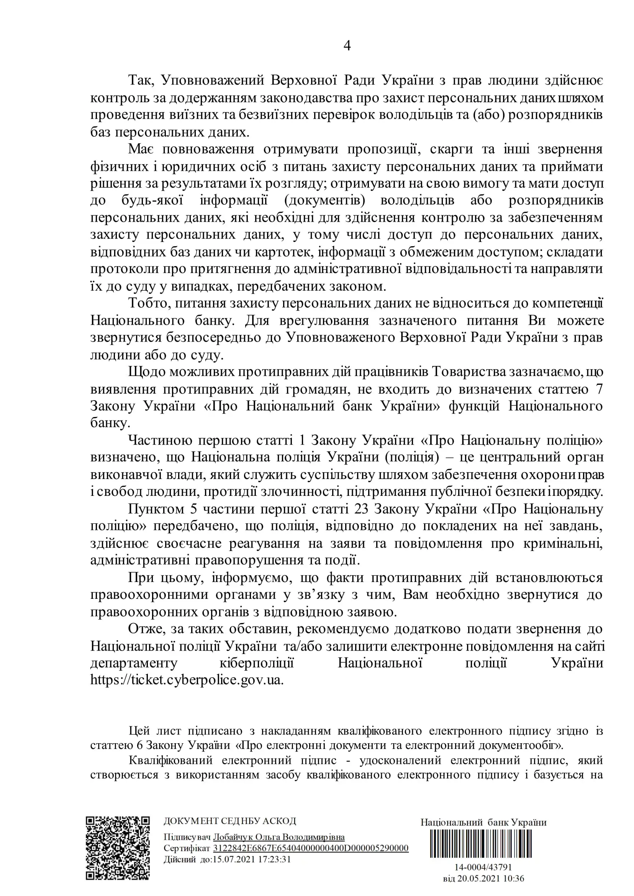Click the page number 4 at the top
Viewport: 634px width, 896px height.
coord(347,46)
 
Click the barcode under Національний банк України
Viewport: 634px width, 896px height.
coord(483,843)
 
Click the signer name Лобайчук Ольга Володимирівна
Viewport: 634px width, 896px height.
coord(279,837)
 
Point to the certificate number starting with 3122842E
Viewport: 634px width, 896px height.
coord(310,848)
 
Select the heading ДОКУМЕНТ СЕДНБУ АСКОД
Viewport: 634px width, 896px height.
coord(229,821)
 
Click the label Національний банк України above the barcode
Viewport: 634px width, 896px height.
coord(483,822)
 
